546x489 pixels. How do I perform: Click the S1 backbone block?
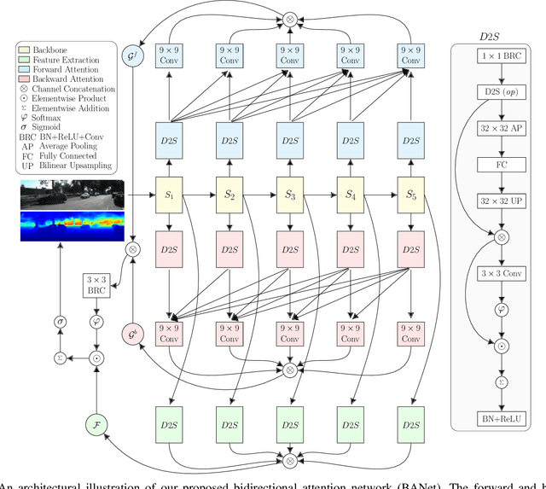click(168, 195)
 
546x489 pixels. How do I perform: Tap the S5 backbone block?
click(410, 195)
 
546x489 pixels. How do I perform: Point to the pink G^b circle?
click(133, 335)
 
